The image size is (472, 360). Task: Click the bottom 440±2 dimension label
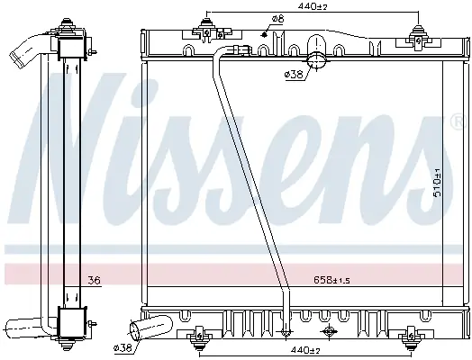click(305, 351)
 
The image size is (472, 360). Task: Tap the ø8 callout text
click(277, 19)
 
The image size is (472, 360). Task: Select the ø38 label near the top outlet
click(294, 74)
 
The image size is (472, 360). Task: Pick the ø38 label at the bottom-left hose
click(123, 348)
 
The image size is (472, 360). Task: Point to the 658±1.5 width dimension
click(332, 280)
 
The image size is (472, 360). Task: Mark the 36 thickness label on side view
click(94, 281)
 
